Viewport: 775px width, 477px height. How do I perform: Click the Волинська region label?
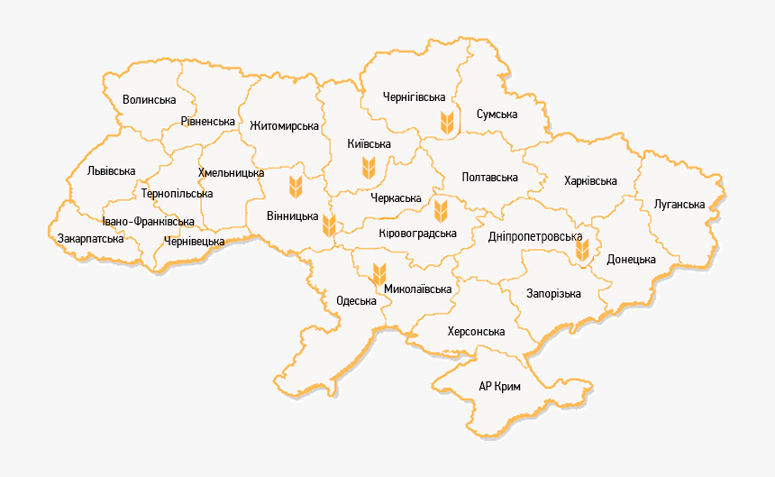click(x=149, y=99)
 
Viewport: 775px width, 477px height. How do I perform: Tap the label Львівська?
click(x=112, y=170)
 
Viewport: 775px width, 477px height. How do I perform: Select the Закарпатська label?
click(x=90, y=239)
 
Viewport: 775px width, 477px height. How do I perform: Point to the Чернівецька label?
click(x=195, y=242)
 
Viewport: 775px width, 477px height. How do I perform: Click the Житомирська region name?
click(x=285, y=125)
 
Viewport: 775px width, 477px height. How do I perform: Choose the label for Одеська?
click(x=356, y=300)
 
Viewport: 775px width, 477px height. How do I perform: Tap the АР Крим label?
click(x=500, y=386)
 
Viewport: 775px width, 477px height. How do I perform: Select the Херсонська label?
click(x=476, y=332)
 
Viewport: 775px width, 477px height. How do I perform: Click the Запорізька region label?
click(x=553, y=294)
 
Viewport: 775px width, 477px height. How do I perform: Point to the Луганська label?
click(x=679, y=205)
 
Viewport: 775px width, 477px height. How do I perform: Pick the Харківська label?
click(x=590, y=181)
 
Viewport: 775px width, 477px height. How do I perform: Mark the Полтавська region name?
click(x=489, y=178)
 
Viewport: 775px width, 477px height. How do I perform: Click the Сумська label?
click(x=497, y=115)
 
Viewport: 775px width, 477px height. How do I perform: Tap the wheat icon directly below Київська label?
click(x=368, y=166)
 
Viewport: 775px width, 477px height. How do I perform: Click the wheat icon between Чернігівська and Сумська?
click(x=446, y=121)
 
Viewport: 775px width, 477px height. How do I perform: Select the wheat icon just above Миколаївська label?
click(x=379, y=270)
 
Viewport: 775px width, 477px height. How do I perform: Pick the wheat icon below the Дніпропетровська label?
click(x=583, y=250)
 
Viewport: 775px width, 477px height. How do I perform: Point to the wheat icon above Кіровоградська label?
click(x=441, y=211)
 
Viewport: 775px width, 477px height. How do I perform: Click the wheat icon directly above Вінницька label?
click(x=293, y=188)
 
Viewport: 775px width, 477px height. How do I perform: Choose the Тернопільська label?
click(x=177, y=194)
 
